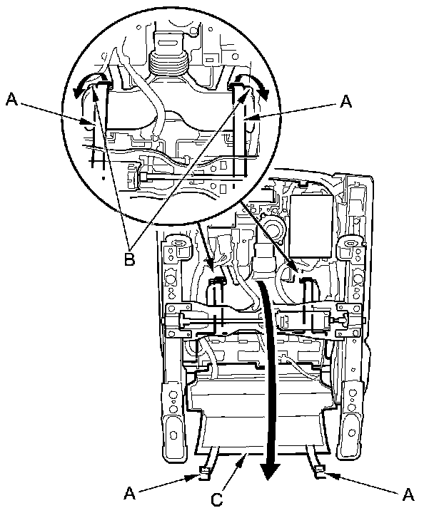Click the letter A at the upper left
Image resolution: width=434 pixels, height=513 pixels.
click(x=12, y=99)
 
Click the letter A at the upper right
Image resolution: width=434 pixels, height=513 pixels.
click(x=345, y=101)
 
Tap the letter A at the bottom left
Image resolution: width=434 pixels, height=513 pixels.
click(x=129, y=493)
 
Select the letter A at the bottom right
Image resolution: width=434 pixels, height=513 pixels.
click(x=408, y=494)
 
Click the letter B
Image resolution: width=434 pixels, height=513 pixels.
click(x=129, y=259)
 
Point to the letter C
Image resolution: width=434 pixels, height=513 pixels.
click(x=217, y=499)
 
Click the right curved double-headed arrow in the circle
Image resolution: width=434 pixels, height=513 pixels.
click(x=252, y=84)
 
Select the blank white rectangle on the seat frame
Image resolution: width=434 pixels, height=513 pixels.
click(x=311, y=226)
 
